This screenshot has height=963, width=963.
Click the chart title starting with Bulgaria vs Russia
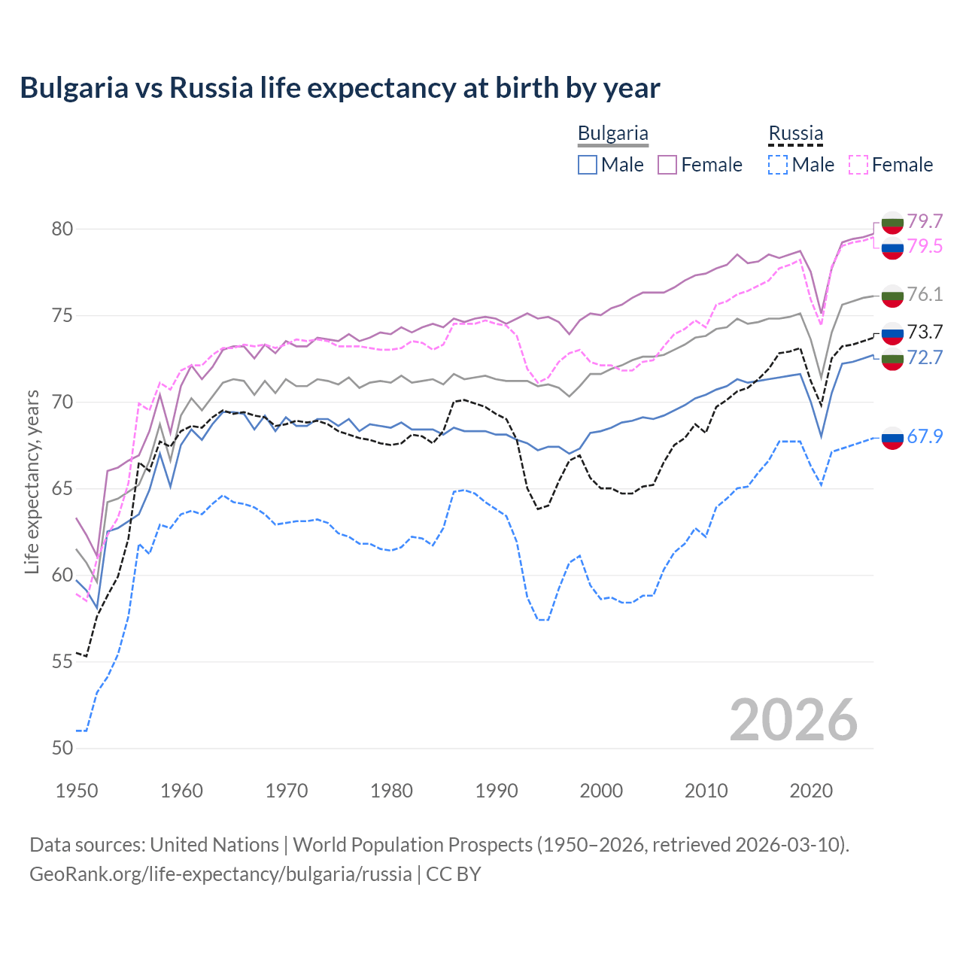(340, 88)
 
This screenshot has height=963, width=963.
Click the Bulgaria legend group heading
(612, 134)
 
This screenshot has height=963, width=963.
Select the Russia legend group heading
(795, 134)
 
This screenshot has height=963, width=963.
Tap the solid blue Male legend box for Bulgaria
(588, 165)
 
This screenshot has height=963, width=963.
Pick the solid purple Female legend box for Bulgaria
(667, 165)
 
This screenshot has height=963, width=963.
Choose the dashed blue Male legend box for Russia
(778, 165)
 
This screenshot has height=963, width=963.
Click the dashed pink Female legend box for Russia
(858, 165)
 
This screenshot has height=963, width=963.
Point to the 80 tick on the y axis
(62, 229)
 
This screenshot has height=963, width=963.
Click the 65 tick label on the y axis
(62, 489)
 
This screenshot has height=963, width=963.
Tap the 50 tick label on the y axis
(62, 749)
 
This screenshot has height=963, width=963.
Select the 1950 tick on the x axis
(77, 791)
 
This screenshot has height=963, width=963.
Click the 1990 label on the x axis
(497, 791)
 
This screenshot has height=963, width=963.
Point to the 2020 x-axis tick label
(811, 791)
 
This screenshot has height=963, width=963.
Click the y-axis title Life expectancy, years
(32, 481)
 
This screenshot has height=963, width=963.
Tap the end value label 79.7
(925, 221)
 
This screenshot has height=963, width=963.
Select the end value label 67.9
(925, 437)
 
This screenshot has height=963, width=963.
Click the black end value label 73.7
(925, 332)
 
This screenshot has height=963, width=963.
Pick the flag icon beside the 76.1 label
(892, 296)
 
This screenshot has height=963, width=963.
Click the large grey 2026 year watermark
(794, 720)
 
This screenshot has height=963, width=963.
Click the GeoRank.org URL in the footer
(220, 874)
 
